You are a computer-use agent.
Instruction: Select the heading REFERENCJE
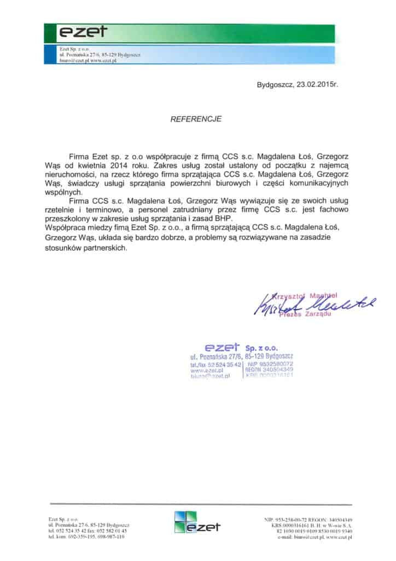pos(197,118)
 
